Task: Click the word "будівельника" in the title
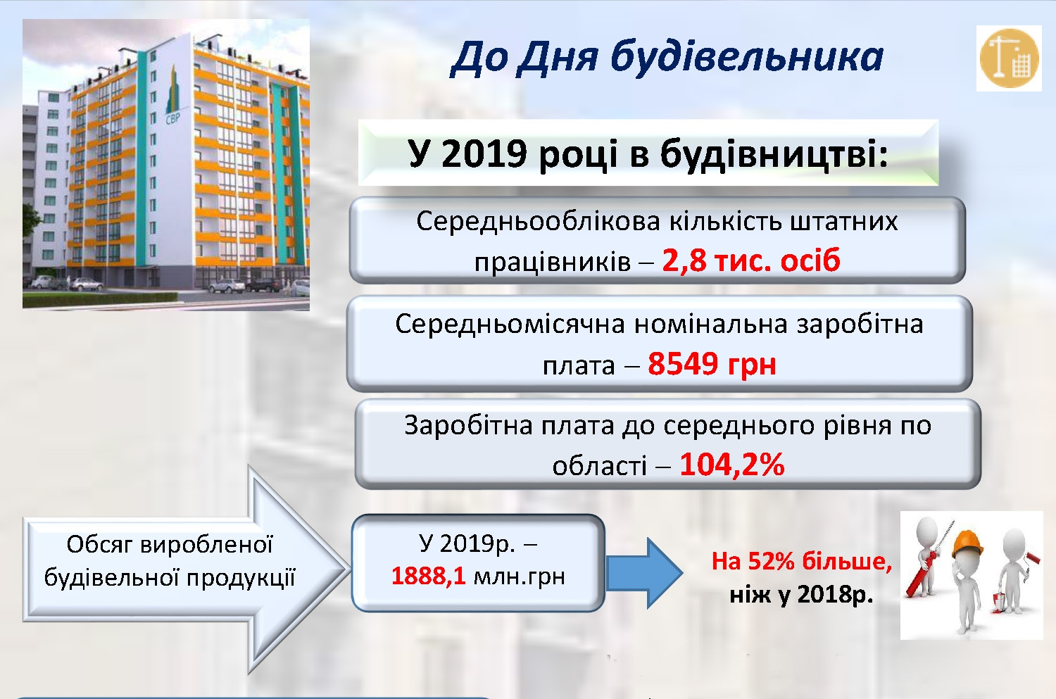click(x=747, y=58)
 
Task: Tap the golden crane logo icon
click(x=1009, y=58)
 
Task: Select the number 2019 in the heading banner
click(x=484, y=154)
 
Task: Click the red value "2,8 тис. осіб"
click(x=751, y=260)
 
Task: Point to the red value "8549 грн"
click(x=712, y=364)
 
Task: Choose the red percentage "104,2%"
click(x=732, y=465)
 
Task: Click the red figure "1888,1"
click(x=429, y=576)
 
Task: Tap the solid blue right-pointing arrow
click(x=644, y=573)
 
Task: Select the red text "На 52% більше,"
click(x=801, y=561)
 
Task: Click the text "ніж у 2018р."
click(x=801, y=595)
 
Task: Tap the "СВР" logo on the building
click(x=172, y=118)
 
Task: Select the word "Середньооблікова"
click(x=538, y=222)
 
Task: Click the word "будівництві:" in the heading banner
click(x=774, y=154)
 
